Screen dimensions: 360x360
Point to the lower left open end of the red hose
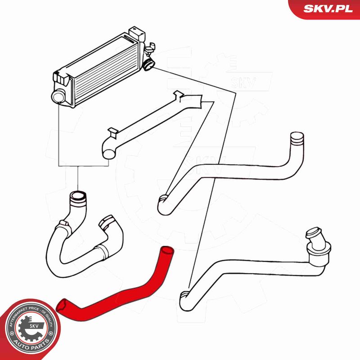pos(62,306)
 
